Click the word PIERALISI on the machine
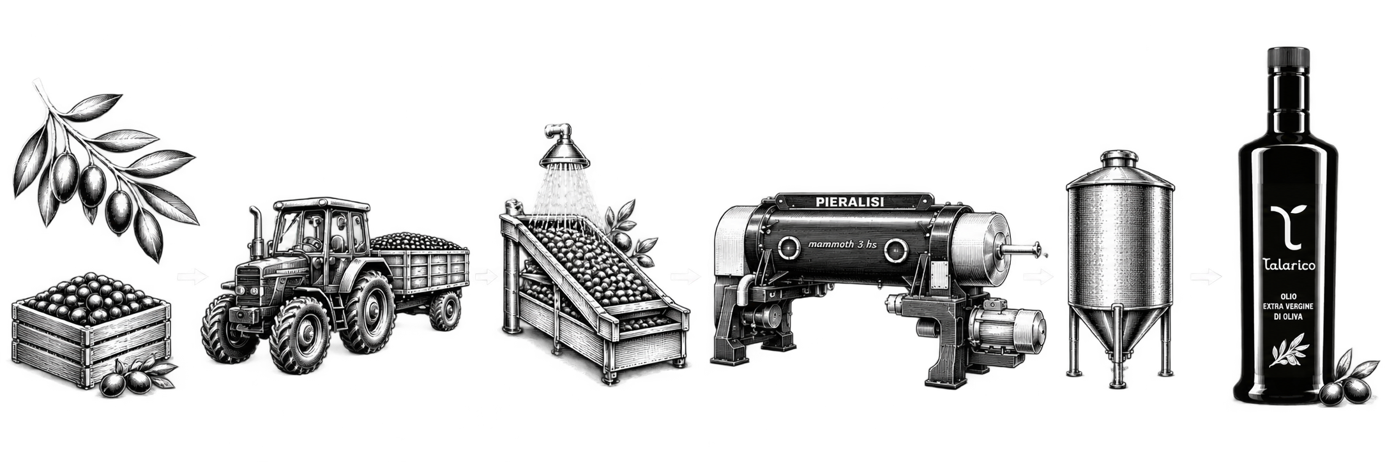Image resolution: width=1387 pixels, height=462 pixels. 850,202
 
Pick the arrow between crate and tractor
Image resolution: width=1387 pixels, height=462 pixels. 192,276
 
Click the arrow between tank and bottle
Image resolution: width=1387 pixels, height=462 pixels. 1206,277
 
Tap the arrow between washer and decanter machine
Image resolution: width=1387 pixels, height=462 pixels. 685,277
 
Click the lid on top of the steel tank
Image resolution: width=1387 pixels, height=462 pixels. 1119,158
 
